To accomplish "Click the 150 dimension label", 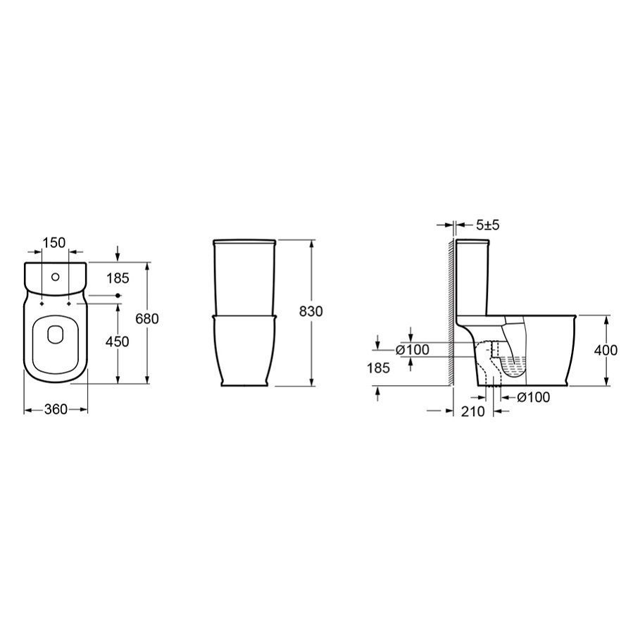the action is click(54, 243).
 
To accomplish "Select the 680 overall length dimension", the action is click(147, 319).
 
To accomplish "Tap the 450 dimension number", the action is click(117, 341).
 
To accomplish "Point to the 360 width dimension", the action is click(56, 409).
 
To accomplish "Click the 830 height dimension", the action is click(311, 311).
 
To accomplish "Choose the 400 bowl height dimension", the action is click(606, 350).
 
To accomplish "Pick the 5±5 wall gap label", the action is click(488, 225).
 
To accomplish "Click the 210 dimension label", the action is click(472, 411).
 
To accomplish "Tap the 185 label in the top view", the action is click(118, 278).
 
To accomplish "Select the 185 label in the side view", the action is click(378, 368).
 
